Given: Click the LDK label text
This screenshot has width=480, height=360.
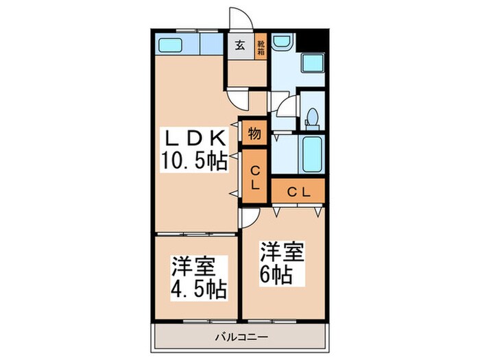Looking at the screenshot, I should click(193, 138).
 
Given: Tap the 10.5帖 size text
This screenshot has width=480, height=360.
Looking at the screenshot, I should click(193, 163).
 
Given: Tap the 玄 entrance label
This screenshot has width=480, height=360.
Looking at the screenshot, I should click(240, 47).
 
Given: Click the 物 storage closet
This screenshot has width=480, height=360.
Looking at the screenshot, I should click(254, 134).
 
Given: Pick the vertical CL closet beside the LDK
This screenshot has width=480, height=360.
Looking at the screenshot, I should click(254, 177).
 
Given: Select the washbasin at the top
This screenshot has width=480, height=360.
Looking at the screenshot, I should click(282, 43).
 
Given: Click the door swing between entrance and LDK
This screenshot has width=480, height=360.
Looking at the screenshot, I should click(237, 100).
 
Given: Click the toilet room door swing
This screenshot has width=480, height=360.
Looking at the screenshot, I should click(289, 109).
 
